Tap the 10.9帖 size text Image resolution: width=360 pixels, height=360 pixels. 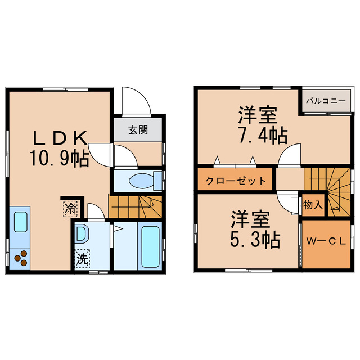click(59, 159)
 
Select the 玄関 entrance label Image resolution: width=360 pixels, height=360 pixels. click(138, 130)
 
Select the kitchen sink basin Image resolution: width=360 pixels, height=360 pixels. click(21, 220)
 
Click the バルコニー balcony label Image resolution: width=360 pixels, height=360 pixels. click(326, 101)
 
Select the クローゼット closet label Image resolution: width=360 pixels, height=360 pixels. click(235, 181)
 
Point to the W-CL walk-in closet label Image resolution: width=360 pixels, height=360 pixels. click(325, 242)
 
